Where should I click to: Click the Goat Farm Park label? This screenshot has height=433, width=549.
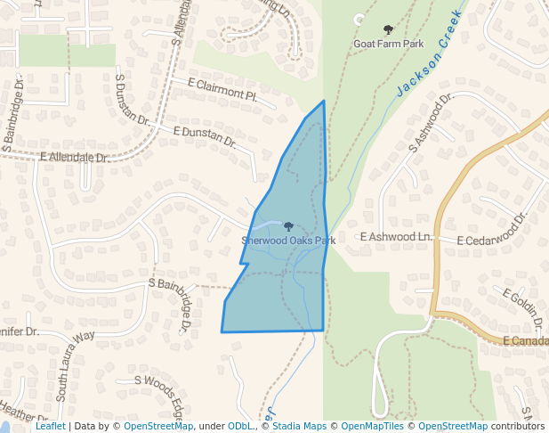click(x=388, y=43)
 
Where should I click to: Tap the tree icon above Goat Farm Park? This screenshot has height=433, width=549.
click(x=387, y=30)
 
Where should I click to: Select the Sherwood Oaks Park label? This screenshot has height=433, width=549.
click(x=288, y=241)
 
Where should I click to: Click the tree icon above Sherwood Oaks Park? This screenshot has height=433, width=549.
click(x=287, y=227)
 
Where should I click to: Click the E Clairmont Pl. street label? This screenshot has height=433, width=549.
click(x=222, y=88)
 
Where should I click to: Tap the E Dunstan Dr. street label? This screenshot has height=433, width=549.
click(x=205, y=136)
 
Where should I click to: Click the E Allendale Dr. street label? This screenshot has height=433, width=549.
click(x=75, y=157)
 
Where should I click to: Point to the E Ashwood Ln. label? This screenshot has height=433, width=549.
click(x=395, y=237)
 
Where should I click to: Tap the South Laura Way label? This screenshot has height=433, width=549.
click(x=75, y=355)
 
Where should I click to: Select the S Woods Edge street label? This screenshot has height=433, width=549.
click(x=161, y=390)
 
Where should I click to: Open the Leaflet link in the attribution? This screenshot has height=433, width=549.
click(x=50, y=427)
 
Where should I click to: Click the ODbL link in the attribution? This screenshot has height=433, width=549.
click(x=240, y=427)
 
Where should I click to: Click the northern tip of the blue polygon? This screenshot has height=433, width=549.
click(x=324, y=101)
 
